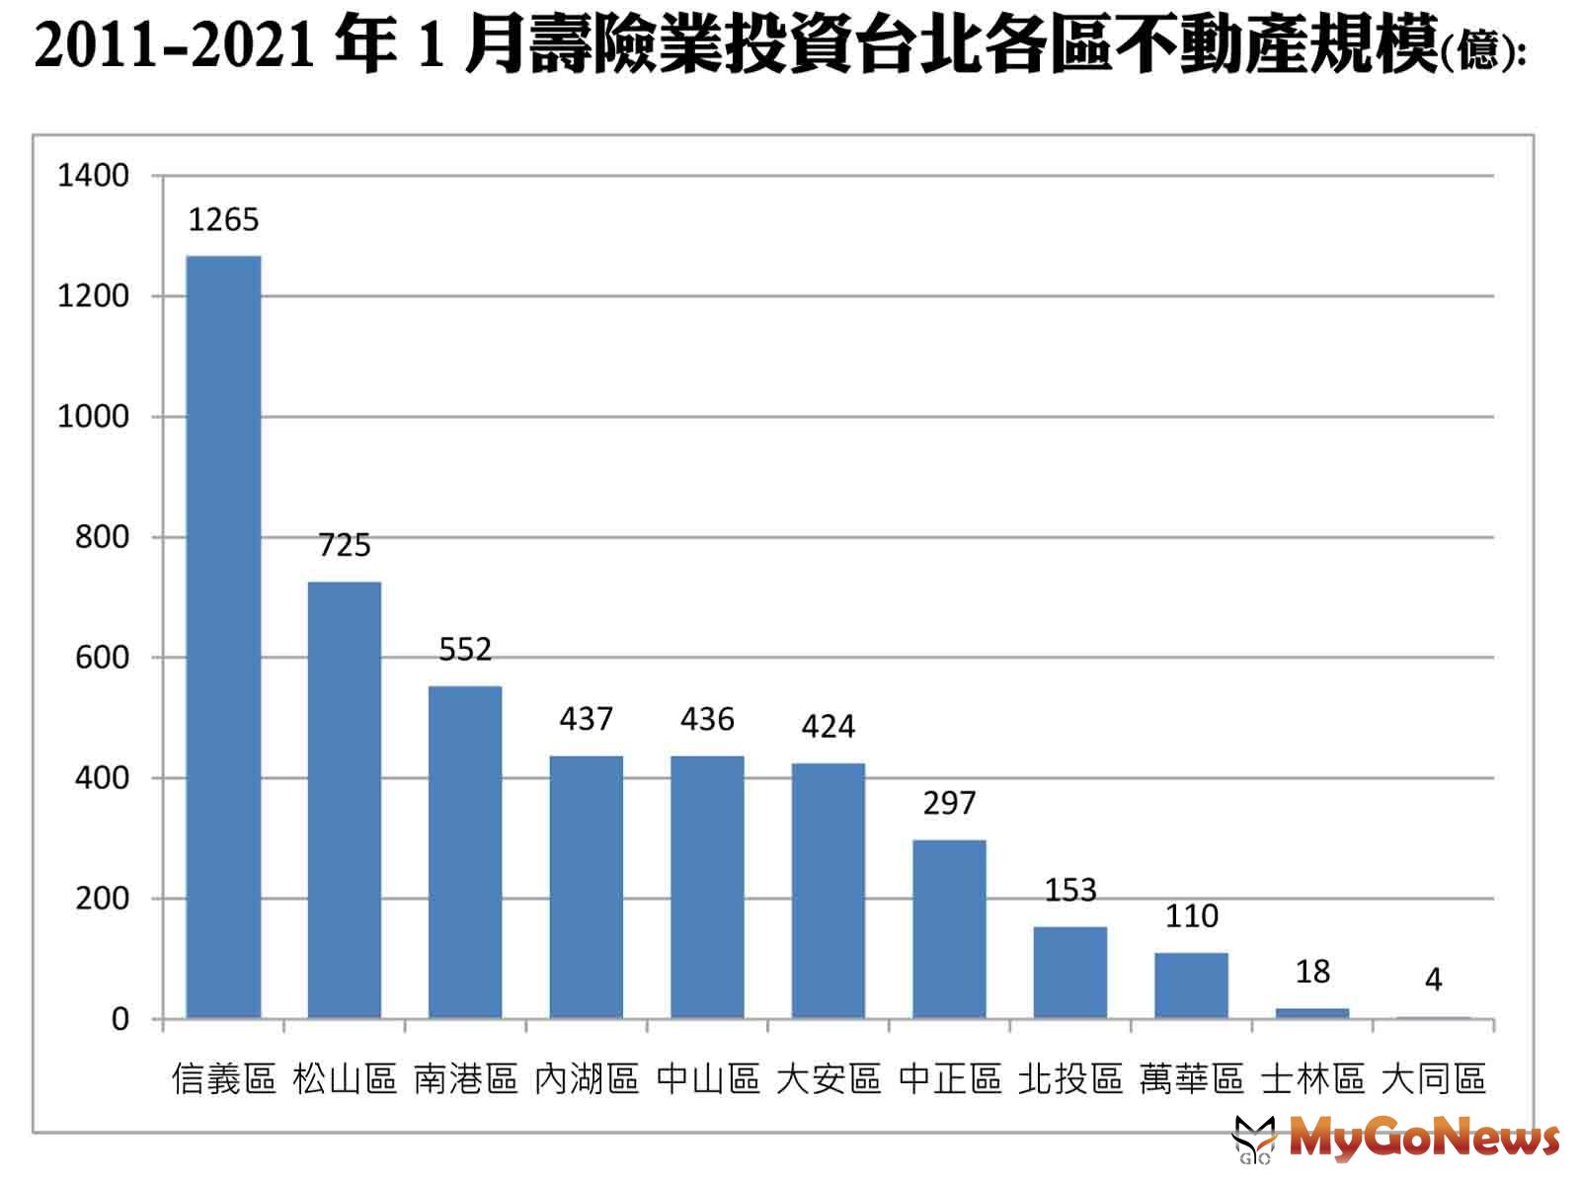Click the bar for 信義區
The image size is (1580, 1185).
224,637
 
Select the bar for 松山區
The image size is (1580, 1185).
345,800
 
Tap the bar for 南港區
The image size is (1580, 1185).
465,852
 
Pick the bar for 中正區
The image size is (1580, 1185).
949,928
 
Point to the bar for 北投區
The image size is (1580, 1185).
1070,972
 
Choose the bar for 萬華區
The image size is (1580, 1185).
1191,985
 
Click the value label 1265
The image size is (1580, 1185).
224,219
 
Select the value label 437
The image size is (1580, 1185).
587,719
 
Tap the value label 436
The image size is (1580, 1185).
707,719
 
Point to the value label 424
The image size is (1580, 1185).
828,727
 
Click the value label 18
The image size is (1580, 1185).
1312,972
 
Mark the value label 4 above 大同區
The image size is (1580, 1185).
1433,980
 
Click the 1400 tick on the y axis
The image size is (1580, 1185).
94,176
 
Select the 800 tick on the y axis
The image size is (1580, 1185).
103,537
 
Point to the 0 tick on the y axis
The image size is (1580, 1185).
120,1019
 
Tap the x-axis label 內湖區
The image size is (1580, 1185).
587,1078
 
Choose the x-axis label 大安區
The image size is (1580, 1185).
828,1078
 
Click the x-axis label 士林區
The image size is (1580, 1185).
1312,1078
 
